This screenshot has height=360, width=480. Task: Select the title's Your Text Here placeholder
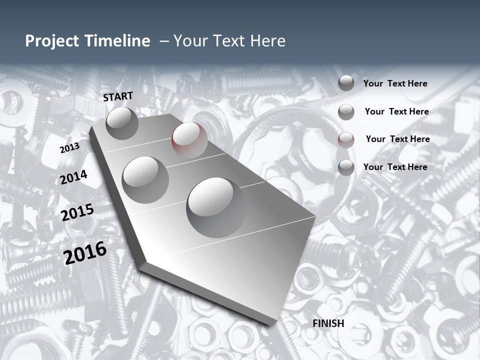pyautogui.click(x=229, y=41)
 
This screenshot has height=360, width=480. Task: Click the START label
pyautogui.click(x=118, y=96)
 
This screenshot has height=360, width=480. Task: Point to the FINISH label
pyautogui.click(x=328, y=323)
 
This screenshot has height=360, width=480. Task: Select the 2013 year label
pyautogui.click(x=69, y=148)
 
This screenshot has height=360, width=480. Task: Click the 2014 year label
pyautogui.click(x=73, y=177)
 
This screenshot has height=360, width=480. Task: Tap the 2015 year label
pyautogui.click(x=77, y=213)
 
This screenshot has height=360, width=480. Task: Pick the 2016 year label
pyautogui.click(x=85, y=252)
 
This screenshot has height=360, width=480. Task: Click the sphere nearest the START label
pyautogui.click(x=122, y=123)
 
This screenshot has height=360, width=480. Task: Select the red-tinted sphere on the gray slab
pyautogui.click(x=189, y=139)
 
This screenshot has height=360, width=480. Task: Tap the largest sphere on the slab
pyautogui.click(x=216, y=207)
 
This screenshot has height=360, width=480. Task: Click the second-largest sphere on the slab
pyautogui.click(x=145, y=179)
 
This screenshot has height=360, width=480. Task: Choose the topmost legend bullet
pyautogui.click(x=346, y=83)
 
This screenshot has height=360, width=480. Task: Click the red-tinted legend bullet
pyautogui.click(x=346, y=140)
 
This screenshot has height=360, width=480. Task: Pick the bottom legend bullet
pyautogui.click(x=346, y=167)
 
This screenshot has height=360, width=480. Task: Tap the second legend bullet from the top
pyautogui.click(x=346, y=112)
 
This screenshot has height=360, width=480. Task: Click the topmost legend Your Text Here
pyautogui.click(x=395, y=83)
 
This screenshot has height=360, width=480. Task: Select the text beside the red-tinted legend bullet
pyautogui.click(x=397, y=139)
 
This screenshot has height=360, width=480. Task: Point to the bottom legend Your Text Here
pyautogui.click(x=395, y=167)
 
